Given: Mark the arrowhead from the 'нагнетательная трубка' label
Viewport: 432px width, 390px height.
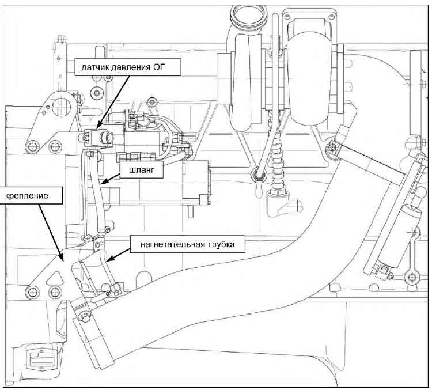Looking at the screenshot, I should coord(107,262).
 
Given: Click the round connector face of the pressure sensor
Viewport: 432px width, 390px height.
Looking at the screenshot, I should coord(107,139).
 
